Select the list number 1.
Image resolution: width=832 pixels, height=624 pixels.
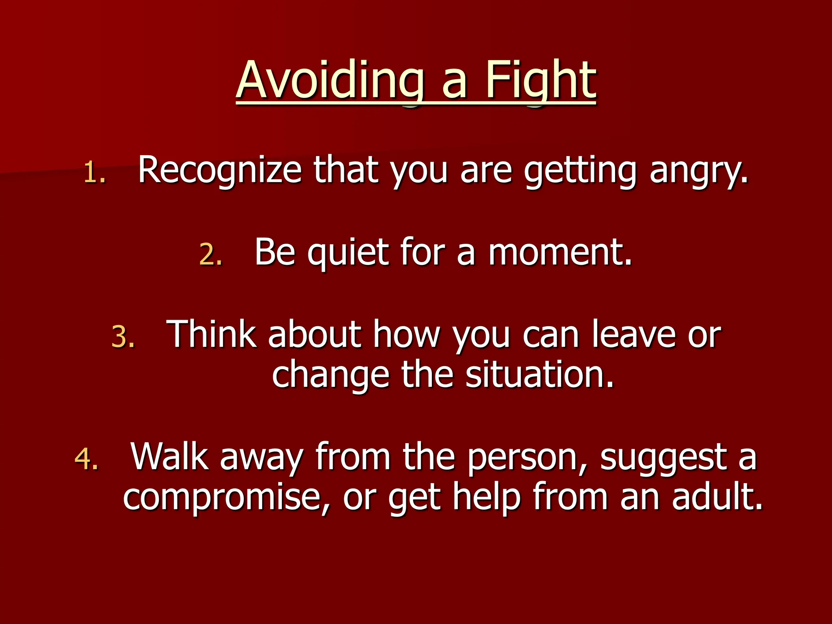tap(94, 173)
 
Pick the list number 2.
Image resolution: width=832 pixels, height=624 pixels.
tap(210, 255)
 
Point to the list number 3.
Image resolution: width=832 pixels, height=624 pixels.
tap(122, 337)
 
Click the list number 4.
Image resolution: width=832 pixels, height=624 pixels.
tap(86, 459)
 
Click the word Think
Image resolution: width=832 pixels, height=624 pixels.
tap(211, 334)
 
